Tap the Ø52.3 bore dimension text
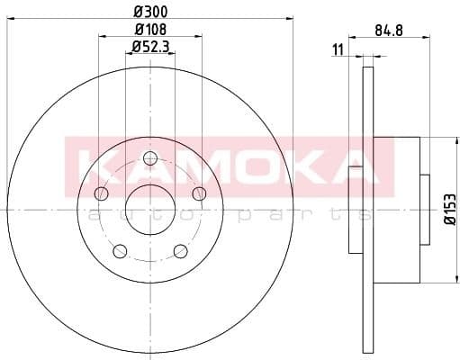(149, 46)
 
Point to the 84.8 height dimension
(388, 31)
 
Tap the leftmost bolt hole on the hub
(101, 194)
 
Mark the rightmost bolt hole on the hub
(200, 194)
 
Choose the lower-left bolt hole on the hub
(120, 251)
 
